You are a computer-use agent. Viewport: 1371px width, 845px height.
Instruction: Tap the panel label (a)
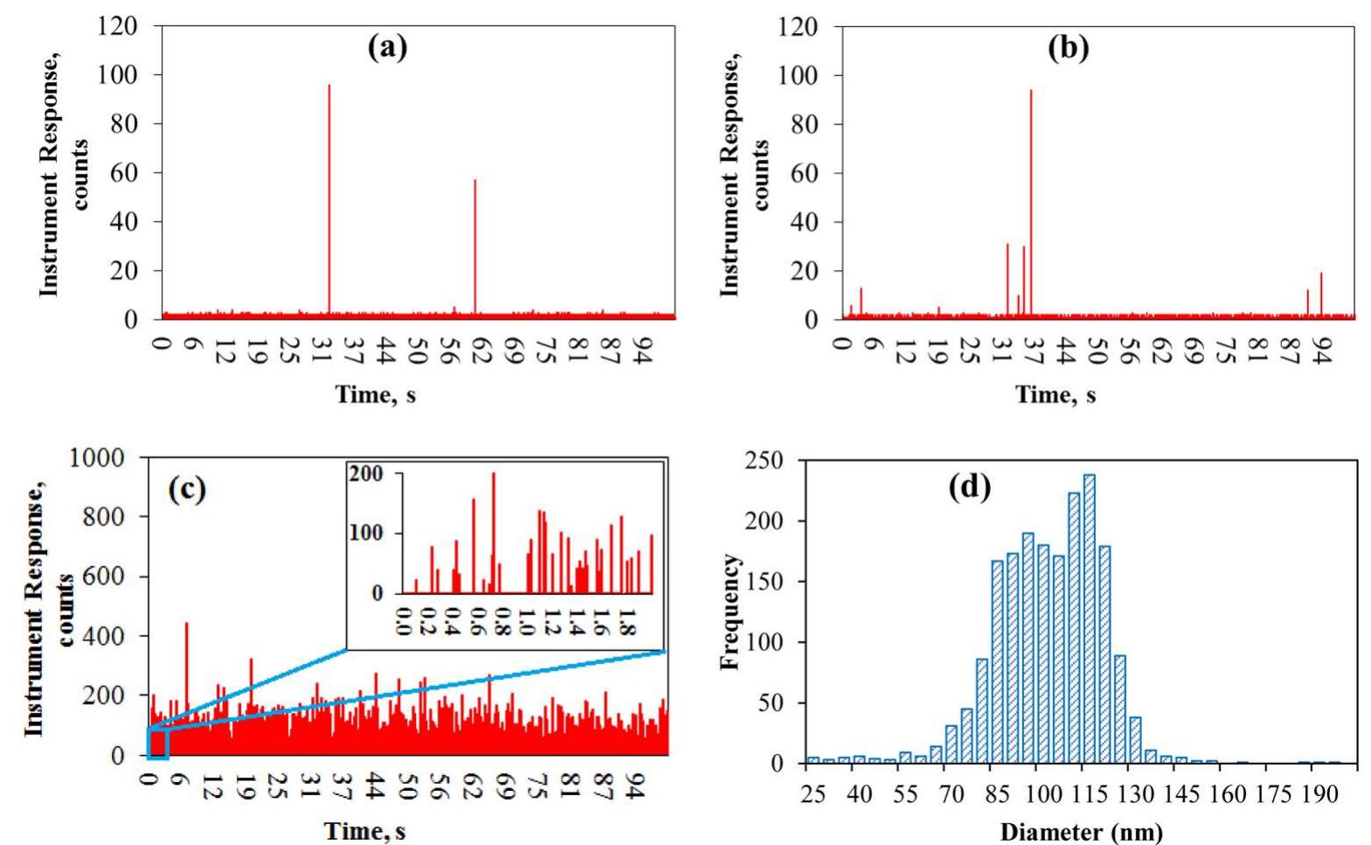click(386, 47)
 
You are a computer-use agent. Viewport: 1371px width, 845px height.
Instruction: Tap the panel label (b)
click(1069, 47)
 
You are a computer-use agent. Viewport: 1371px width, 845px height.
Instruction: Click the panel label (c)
click(186, 488)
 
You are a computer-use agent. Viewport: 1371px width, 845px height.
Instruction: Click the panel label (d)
click(970, 487)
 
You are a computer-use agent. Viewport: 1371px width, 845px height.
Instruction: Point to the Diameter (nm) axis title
click(1081, 831)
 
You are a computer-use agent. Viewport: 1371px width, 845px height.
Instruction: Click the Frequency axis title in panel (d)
click(731, 612)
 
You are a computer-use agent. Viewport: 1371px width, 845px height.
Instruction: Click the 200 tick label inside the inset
click(366, 474)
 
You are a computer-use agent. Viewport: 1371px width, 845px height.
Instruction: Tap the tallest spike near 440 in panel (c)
click(186, 664)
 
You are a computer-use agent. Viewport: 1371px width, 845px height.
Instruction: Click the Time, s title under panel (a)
click(376, 394)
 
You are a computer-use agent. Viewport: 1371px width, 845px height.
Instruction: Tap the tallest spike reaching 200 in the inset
click(493, 533)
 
